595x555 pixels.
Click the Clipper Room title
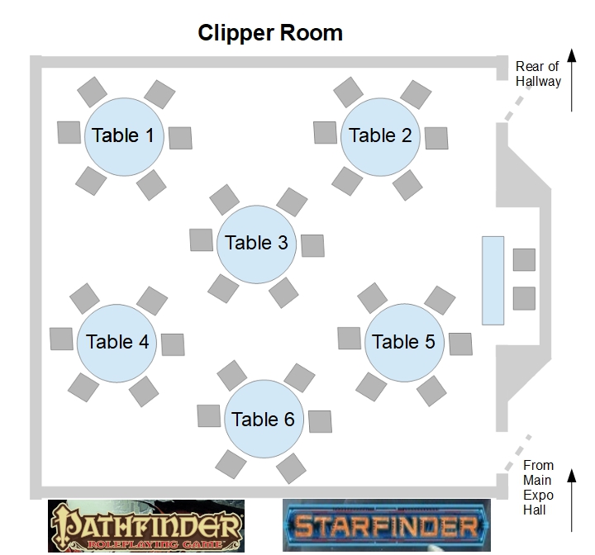[270, 33]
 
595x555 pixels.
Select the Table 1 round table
[123, 135]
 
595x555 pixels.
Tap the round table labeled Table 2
[380, 135]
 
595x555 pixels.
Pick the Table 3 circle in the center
[257, 243]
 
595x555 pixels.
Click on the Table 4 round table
[117, 342]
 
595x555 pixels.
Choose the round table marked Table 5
[403, 342]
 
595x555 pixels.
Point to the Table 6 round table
[264, 420]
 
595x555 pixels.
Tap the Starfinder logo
[387, 525]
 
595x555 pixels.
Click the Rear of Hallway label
[538, 74]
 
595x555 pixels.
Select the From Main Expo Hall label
[538, 487]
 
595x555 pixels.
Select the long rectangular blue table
[493, 279]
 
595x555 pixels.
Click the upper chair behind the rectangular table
[524, 259]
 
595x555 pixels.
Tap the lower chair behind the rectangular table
[524, 298]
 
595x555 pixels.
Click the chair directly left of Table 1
[69, 131]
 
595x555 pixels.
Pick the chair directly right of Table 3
[313, 244]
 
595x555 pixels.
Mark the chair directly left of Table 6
[208, 416]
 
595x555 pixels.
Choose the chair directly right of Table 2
[436, 138]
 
